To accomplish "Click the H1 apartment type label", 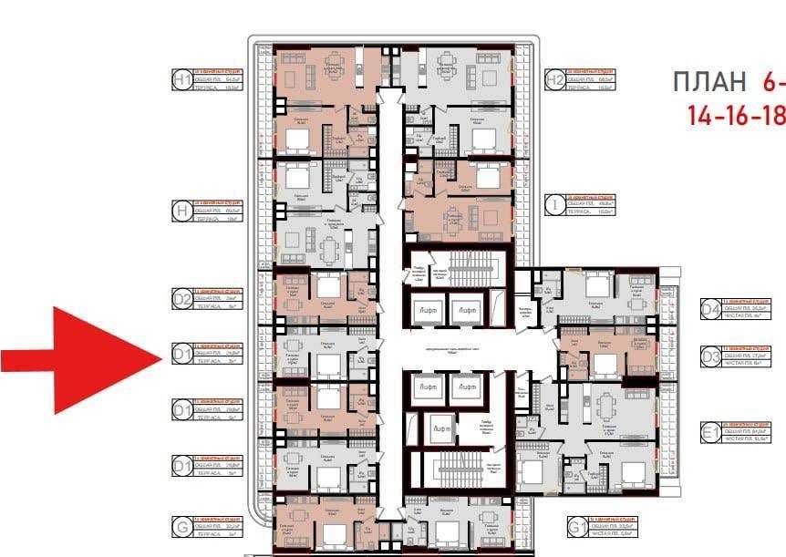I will click(x=181, y=80).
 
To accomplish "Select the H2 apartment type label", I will click(x=553, y=80).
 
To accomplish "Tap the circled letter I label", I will click(x=553, y=205).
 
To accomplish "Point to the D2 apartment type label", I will click(x=181, y=297).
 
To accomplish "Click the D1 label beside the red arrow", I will click(x=181, y=354).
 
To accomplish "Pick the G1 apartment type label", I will click(x=575, y=527).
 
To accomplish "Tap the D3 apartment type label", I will click(x=710, y=356).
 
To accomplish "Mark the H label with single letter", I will click(x=181, y=211).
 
